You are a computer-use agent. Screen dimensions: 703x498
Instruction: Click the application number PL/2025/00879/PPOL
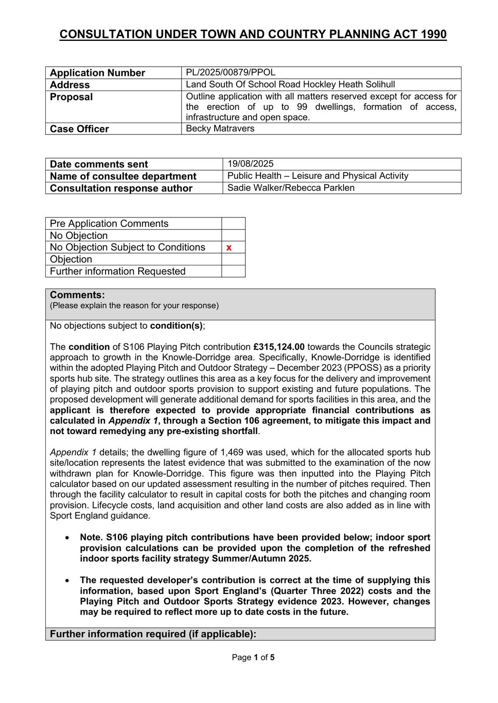coord(231,72)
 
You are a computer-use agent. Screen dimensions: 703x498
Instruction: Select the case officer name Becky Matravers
coord(220,128)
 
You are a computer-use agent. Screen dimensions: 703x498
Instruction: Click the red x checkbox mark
coord(229,248)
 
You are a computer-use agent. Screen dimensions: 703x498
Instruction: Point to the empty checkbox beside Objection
coord(233,259)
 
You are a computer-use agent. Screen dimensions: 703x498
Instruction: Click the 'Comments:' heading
coord(77,295)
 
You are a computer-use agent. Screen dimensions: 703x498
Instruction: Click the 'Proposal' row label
coord(71,97)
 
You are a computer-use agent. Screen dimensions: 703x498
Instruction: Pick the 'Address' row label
coord(70,85)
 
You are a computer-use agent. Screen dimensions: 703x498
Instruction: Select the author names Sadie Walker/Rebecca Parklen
coord(291,188)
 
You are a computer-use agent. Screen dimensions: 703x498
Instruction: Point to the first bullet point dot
coord(67,537)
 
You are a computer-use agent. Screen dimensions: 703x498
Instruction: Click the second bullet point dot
coord(67,580)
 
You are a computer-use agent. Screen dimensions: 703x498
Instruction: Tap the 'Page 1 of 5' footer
coord(253,657)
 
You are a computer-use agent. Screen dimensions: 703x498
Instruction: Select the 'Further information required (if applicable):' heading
coord(153,634)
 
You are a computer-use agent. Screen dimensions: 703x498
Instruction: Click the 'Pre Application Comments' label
coord(109,223)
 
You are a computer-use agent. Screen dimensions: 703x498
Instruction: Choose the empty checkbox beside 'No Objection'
coord(233,236)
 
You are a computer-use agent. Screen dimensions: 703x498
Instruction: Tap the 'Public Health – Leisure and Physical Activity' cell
coord(318,176)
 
